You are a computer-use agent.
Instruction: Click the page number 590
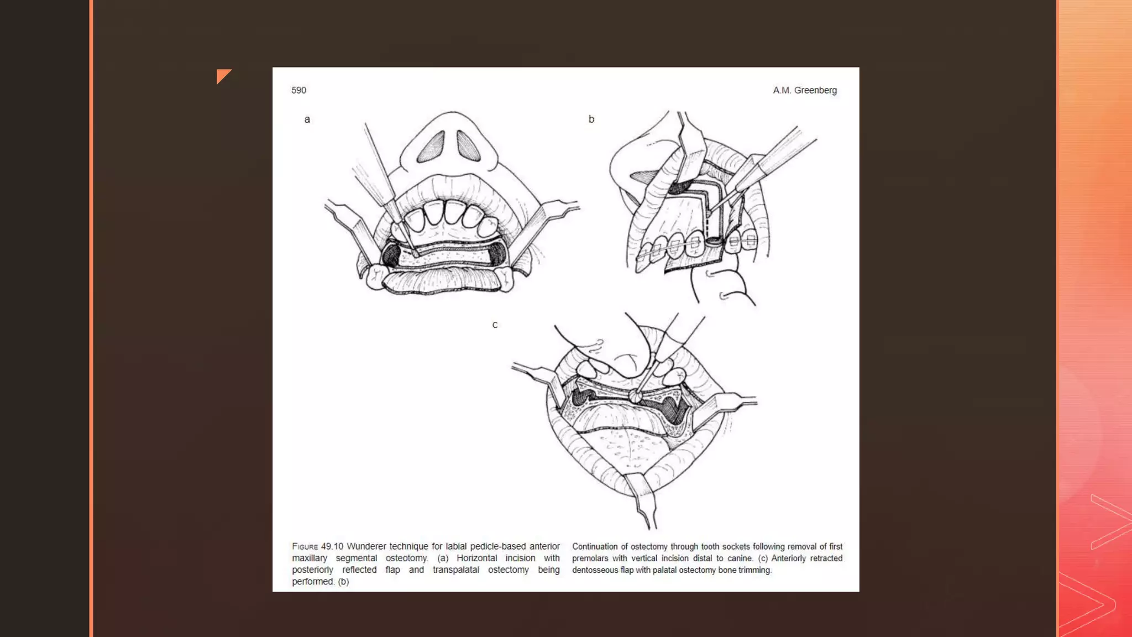click(298, 90)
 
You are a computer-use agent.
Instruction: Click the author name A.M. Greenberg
click(804, 90)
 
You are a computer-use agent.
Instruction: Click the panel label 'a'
click(307, 119)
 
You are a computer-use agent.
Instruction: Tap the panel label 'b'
click(591, 119)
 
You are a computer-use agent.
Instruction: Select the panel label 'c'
click(495, 325)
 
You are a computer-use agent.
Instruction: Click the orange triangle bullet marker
click(222, 75)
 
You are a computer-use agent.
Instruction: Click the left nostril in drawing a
click(432, 147)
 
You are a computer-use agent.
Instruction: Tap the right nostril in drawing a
click(468, 146)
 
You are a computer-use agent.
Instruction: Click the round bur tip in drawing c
click(636, 395)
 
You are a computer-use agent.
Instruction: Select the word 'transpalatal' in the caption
click(455, 570)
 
